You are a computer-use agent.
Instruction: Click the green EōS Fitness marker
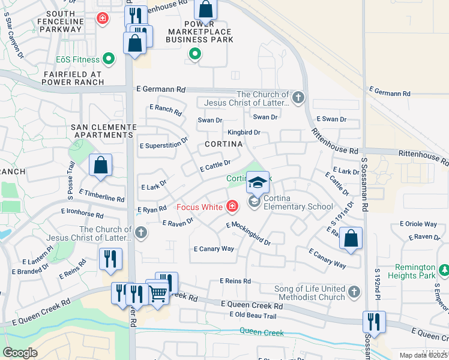[109, 59]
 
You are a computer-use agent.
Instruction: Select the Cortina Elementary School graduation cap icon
[258, 182]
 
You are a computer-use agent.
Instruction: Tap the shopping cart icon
[157, 293]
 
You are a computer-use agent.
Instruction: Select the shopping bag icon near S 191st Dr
[351, 238]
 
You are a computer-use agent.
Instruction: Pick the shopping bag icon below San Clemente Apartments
[101, 166]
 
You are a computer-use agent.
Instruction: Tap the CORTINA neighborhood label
[223, 144]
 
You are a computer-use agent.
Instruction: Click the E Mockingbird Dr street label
[248, 233]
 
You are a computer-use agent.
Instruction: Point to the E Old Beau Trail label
[253, 316]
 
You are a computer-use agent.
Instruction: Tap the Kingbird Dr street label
[243, 132]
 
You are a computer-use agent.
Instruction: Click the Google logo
[20, 352]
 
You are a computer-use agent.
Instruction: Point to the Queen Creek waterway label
[262, 331]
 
